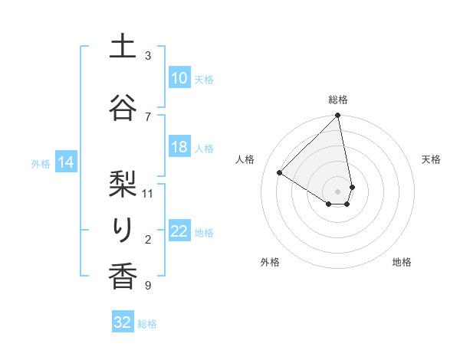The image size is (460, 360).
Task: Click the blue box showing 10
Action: click(179, 78)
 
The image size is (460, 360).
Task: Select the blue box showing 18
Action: click(179, 147)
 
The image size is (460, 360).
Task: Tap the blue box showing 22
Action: click(179, 231)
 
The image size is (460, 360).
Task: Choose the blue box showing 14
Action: click(65, 162)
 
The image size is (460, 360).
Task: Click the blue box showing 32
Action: click(123, 322)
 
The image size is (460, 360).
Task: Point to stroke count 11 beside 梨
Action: click(148, 193)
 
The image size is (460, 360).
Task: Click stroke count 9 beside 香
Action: click(148, 286)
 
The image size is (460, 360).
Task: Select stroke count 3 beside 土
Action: click(148, 56)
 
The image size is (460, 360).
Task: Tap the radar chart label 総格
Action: click(338, 100)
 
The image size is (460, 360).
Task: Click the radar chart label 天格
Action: click(431, 159)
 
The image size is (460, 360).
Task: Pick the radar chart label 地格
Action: click(402, 262)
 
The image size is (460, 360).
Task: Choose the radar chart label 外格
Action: click(270, 262)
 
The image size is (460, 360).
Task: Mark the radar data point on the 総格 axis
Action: click(338, 116)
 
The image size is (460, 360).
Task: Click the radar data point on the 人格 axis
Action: click(280, 172)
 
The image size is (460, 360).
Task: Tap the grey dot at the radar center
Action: click(337, 191)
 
